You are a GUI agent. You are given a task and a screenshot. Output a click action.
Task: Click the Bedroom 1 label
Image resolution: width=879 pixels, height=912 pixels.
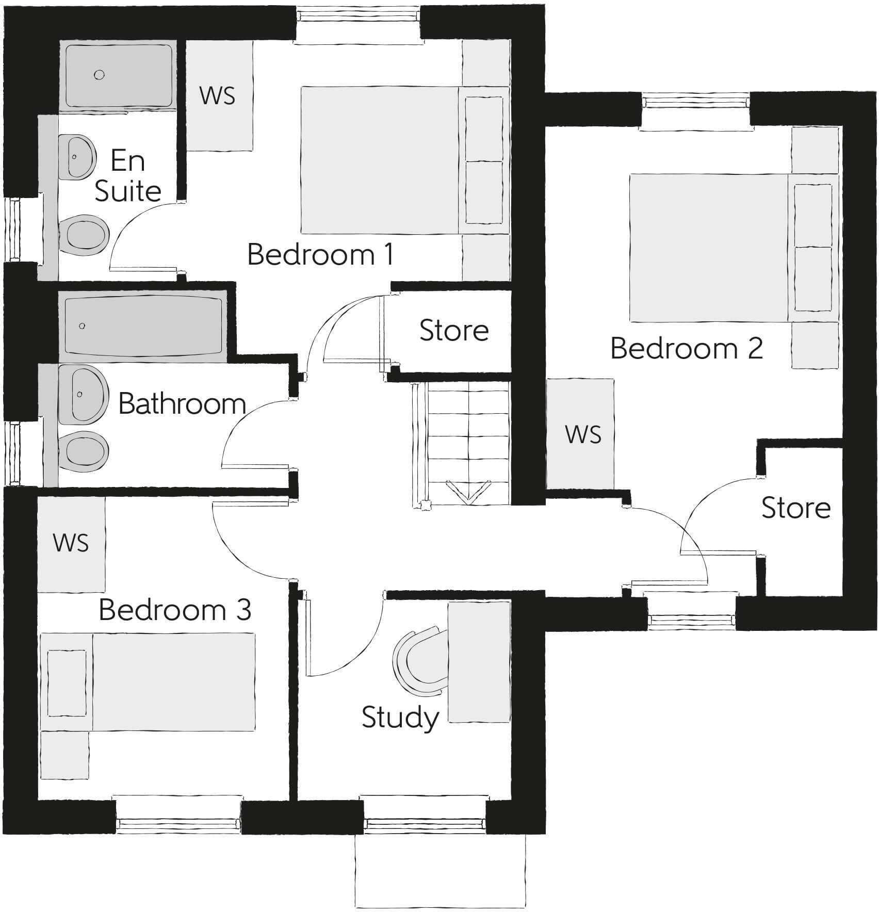(320, 255)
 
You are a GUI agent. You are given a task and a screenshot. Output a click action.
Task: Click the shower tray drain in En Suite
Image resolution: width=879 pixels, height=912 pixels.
(99, 75)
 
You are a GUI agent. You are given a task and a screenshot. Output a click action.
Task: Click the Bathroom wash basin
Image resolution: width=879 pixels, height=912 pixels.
(83, 394)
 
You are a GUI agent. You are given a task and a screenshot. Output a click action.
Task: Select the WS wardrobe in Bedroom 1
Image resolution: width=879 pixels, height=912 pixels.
(218, 95)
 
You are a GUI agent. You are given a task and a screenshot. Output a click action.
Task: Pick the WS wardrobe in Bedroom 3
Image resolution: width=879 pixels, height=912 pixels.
(71, 543)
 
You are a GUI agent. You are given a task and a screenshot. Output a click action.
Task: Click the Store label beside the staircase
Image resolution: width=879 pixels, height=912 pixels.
(454, 331)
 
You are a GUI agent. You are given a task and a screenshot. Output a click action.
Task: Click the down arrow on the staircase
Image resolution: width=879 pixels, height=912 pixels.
(468, 491)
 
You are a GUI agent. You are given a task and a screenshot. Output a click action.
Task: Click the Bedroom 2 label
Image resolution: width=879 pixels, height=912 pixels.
(686, 348)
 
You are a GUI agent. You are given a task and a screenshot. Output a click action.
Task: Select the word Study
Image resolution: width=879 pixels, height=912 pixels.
(400, 718)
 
